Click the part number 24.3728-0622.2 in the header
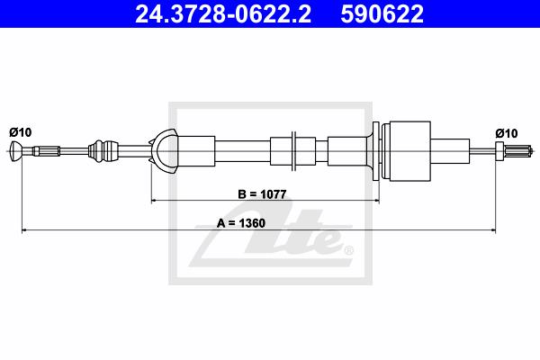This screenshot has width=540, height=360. pos(223,14)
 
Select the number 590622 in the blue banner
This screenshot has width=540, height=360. pos(382,14)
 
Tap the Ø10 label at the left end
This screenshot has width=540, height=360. pos(21,132)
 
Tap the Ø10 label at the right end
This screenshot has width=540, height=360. pos(507,133)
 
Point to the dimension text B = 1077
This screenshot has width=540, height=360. pos(262,194)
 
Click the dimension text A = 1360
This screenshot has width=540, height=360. pos(241,223)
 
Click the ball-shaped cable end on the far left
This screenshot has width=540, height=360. pos(16,151)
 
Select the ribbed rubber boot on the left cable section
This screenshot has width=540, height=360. pos(103,151)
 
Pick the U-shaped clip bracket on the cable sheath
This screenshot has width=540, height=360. pos(164,151)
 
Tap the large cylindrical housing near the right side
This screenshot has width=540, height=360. pos(409,151)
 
